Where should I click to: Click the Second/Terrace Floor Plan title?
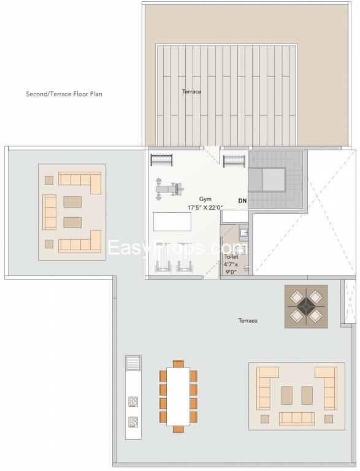click(64, 94)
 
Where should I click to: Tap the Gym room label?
click(205, 199)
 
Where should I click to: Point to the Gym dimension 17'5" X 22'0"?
click(205, 207)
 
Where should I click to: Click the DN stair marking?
click(242, 201)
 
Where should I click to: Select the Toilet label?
click(231, 257)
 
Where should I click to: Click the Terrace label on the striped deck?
click(192, 91)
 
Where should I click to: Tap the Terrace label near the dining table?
click(248, 321)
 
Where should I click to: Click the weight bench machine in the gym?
click(169, 190)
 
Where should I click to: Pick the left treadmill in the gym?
click(163, 258)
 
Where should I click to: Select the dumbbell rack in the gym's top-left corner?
click(162, 160)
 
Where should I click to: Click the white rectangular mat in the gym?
click(172, 221)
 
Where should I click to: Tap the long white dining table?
click(178, 396)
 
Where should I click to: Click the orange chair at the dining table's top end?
click(178, 364)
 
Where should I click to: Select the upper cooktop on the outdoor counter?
click(133, 401)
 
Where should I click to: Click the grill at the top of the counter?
click(133, 363)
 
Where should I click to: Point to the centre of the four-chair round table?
click(306, 307)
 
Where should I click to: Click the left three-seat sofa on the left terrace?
click(49, 212)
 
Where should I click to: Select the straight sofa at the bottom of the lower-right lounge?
click(297, 419)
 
